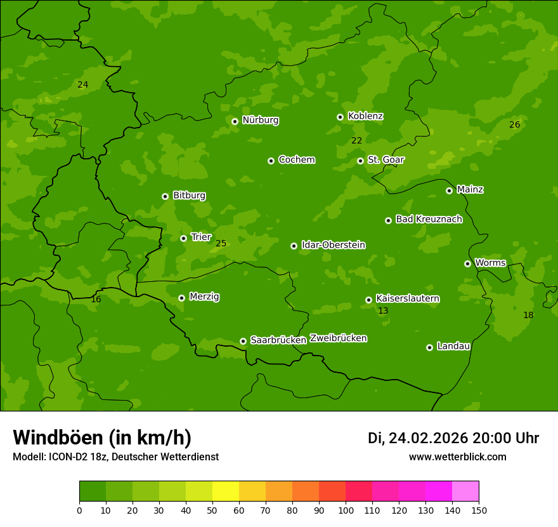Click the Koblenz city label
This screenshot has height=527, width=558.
click(365, 116)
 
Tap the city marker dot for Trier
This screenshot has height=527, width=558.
click(183, 238)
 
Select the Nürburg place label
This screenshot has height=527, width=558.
click(260, 120)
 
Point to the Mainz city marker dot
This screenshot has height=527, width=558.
click(449, 190)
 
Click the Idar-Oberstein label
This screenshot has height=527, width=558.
click(333, 245)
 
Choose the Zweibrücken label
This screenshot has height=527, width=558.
click(338, 338)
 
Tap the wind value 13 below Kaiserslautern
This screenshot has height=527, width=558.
click(383, 311)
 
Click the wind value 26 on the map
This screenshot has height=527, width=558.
click(514, 125)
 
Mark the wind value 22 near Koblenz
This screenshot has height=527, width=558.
click(356, 140)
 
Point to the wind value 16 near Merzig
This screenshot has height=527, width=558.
click(96, 299)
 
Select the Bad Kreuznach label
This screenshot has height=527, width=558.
click(429, 219)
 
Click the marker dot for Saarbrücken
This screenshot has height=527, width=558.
click(243, 341)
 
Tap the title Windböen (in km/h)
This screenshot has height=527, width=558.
click(102, 437)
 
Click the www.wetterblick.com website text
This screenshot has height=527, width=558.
click(457, 457)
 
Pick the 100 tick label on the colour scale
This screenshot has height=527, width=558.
click(346, 510)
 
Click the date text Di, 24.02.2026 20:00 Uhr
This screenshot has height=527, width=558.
click(453, 438)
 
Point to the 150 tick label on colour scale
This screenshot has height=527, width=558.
click(478, 510)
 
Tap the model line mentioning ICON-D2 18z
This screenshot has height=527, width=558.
click(115, 457)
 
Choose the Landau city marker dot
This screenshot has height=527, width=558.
click(429, 347)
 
